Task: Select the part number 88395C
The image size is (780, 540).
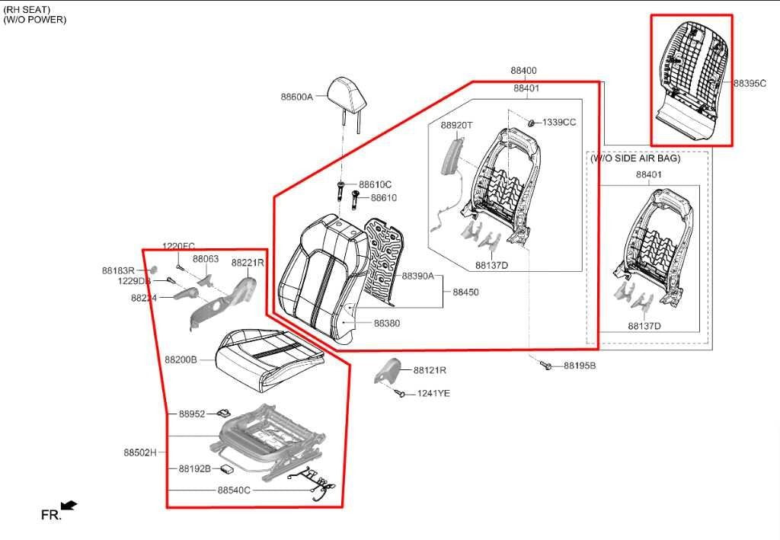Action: coord(750,83)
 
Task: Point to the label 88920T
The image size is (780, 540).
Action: coord(456,125)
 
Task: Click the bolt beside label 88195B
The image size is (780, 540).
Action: coord(546,366)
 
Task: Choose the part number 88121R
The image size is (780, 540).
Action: coord(430,370)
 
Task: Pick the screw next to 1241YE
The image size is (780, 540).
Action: coord(400,392)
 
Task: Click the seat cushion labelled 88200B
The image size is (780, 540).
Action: coord(267,355)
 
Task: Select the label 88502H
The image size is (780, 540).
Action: coord(139,452)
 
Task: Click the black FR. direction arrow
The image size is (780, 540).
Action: coord(69,505)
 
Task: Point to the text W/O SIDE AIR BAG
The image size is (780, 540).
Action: coord(635,158)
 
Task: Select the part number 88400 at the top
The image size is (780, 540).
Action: coord(523,70)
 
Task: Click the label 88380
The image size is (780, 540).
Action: coord(386,324)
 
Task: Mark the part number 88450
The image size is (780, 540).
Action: coord(465,292)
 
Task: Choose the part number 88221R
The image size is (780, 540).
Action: coord(248,262)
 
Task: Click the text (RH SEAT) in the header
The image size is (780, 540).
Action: coord(27,9)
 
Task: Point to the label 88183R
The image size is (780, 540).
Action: coord(118,270)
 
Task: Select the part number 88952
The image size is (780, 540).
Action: coord(192,414)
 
